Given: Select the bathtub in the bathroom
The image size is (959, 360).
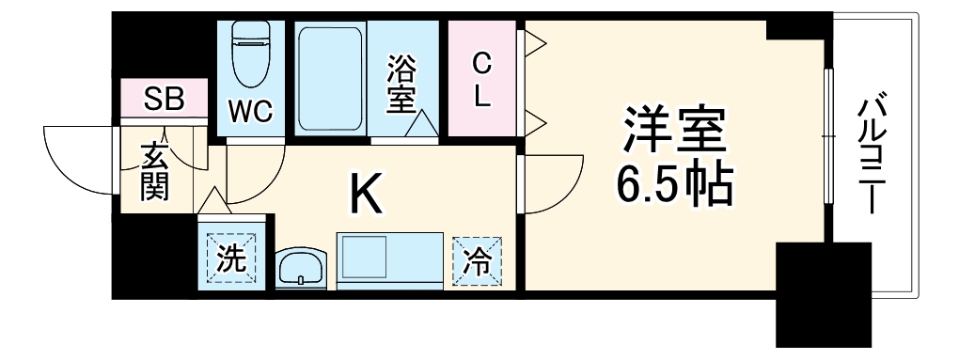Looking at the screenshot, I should [330, 79].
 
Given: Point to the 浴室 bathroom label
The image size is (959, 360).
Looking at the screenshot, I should [401, 83].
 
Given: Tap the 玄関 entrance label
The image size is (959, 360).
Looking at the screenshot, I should [153, 172].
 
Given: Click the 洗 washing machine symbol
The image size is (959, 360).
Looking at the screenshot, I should [230, 258].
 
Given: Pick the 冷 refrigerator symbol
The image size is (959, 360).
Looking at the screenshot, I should [476, 259].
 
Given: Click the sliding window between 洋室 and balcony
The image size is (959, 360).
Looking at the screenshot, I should [828, 136].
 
